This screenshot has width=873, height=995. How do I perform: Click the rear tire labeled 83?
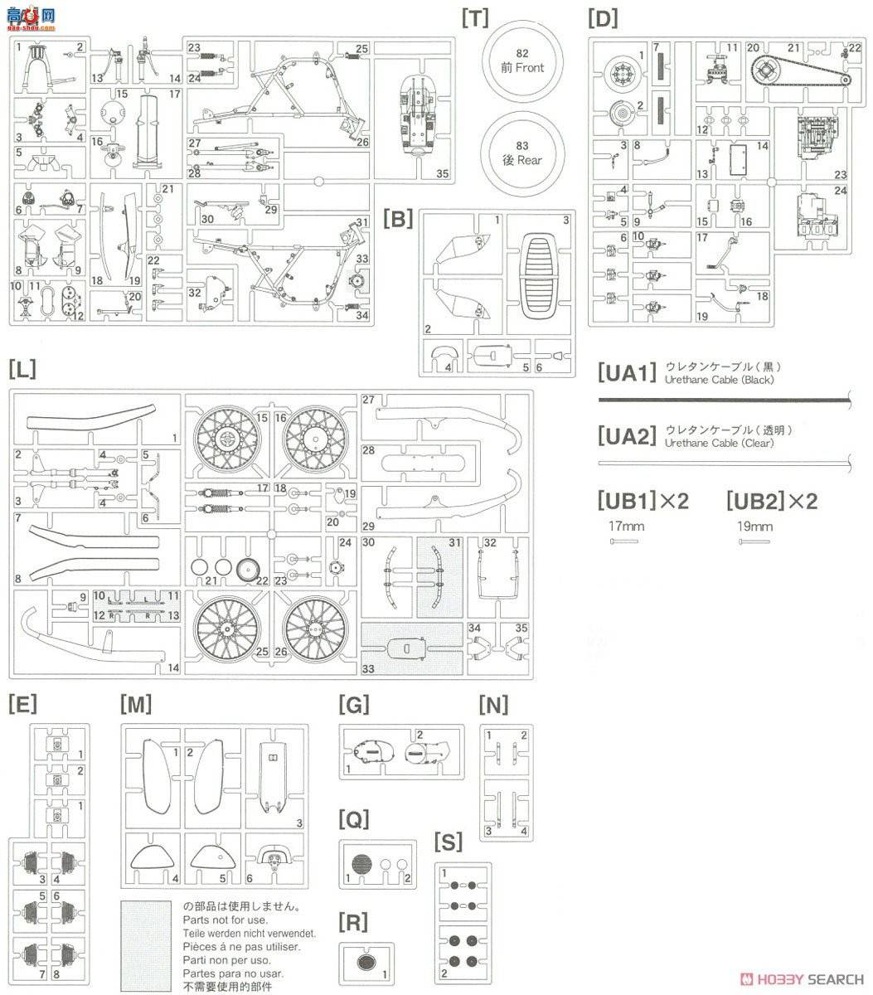tap(522, 153)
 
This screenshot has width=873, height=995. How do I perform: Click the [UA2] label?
tap(627, 436)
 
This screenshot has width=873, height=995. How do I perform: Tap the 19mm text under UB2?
tap(754, 526)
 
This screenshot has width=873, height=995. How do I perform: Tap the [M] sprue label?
tap(135, 704)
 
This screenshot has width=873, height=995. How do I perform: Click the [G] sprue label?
tap(354, 704)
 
